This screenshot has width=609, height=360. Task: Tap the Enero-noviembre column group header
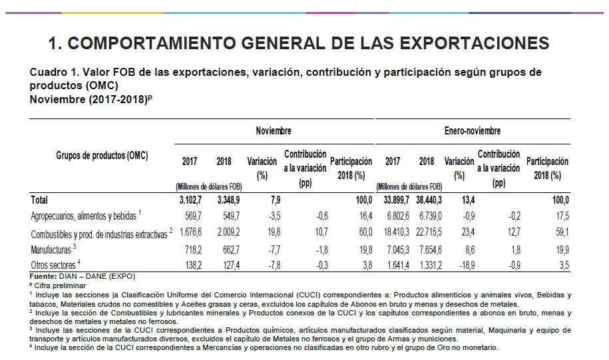click(x=472, y=131)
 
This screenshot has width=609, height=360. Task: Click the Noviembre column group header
click(x=274, y=131)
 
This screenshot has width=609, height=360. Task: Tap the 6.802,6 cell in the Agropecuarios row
click(x=392, y=216)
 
